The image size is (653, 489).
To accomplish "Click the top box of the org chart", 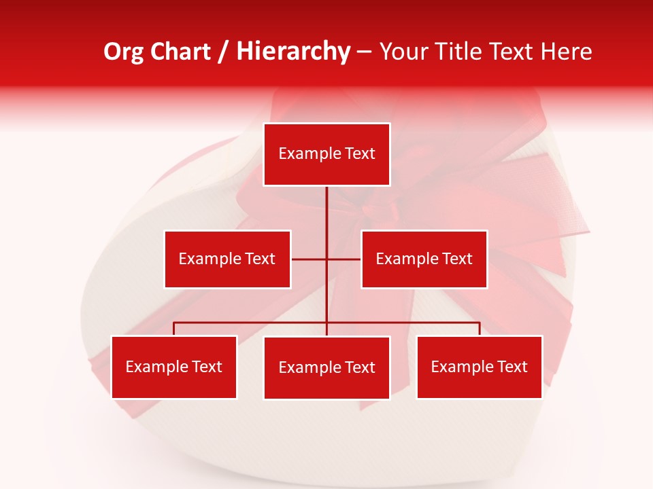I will click(x=326, y=154).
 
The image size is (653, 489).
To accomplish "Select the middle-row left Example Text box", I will click(x=227, y=259).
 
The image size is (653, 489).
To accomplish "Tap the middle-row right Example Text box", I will click(x=424, y=259).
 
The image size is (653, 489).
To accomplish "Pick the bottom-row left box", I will click(x=174, y=367).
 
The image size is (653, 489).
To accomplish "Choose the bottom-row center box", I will click(x=326, y=367).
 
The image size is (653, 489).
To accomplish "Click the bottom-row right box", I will click(x=479, y=367).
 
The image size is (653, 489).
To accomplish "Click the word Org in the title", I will click(x=122, y=52).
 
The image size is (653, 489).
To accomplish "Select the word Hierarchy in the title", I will click(x=293, y=52).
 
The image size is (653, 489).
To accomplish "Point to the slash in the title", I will click(x=223, y=52).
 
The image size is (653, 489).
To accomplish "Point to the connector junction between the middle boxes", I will click(x=326, y=259).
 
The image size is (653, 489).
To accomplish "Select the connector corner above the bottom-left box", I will click(x=174, y=323).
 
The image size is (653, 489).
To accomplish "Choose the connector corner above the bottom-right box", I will click(x=480, y=323).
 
